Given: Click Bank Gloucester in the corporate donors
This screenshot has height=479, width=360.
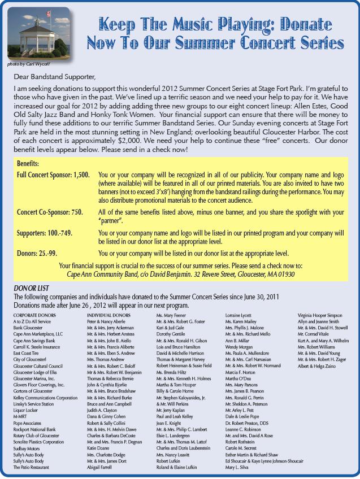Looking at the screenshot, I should [29, 327].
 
